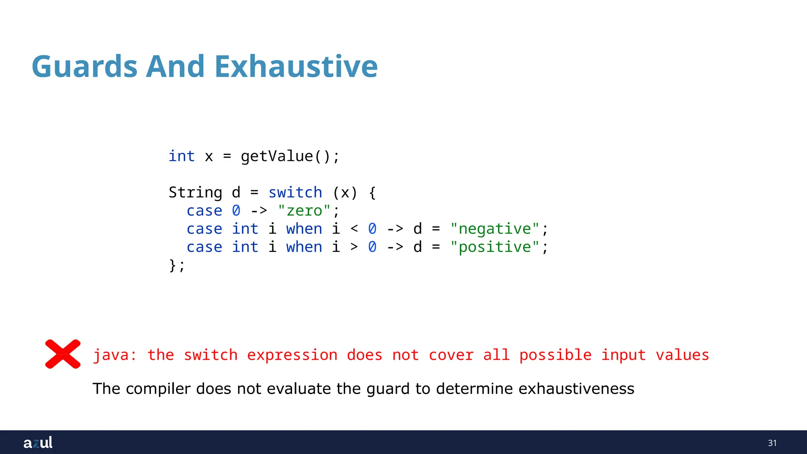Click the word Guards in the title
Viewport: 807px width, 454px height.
[84, 66]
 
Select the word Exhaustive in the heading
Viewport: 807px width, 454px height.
[296, 66]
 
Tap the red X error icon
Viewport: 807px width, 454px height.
[63, 354]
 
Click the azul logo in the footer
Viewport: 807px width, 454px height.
[38, 443]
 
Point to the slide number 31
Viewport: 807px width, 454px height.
[772, 443]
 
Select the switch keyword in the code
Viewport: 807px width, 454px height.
[295, 193]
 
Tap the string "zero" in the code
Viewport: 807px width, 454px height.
[304, 211]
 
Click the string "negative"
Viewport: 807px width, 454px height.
[495, 229]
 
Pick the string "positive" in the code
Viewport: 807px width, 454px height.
[495, 247]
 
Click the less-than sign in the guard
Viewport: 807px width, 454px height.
[354, 229]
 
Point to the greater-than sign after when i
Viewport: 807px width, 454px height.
[354, 247]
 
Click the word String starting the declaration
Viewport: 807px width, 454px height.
[195, 193]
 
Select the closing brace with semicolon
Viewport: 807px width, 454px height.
[177, 265]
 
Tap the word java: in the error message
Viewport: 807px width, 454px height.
[115, 355]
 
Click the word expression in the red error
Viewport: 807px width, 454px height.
[292, 355]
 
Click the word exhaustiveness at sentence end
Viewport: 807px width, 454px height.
[576, 389]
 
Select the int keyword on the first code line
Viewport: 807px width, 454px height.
[182, 156]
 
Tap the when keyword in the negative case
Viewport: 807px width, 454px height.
[304, 229]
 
